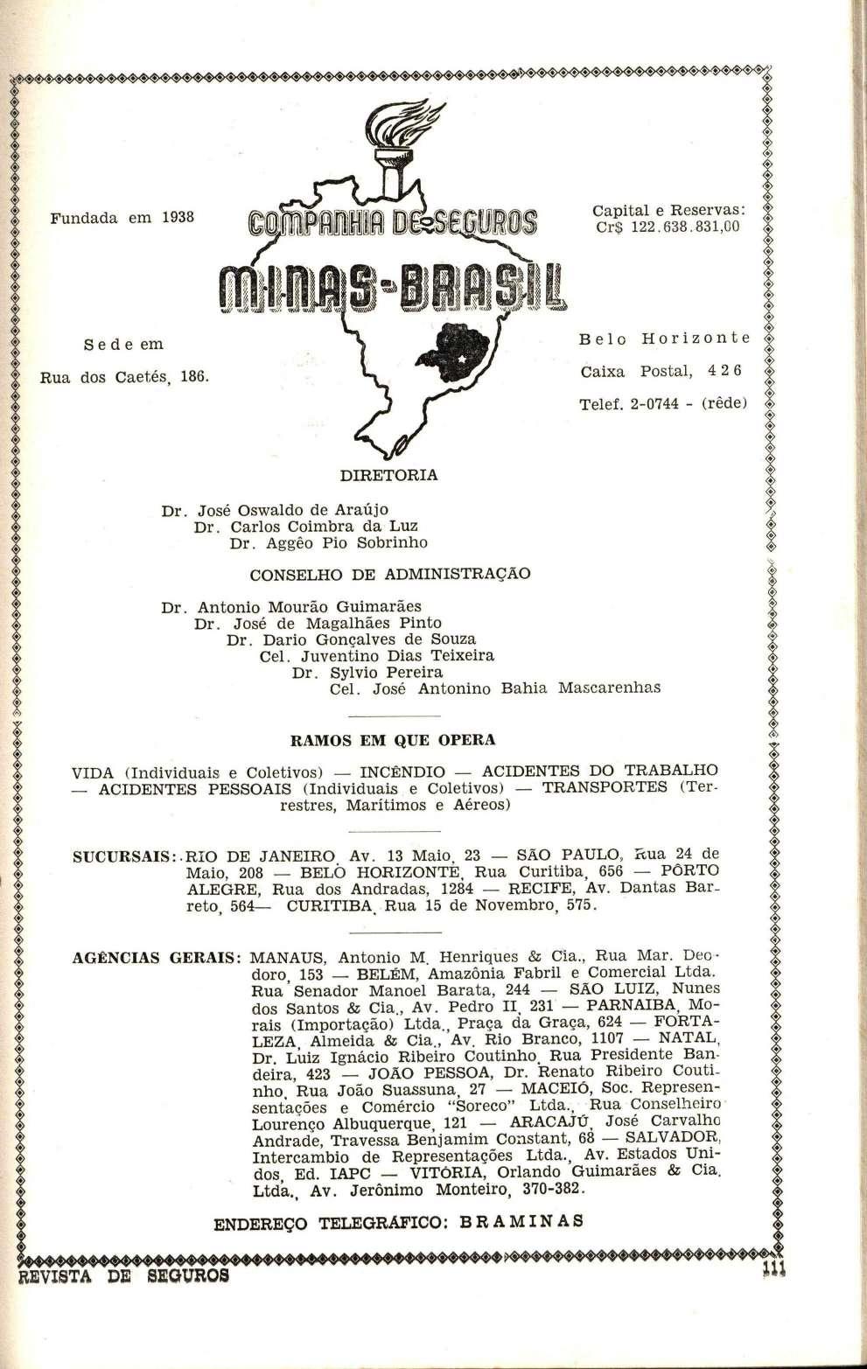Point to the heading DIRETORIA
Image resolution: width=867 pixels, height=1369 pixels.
[388, 476]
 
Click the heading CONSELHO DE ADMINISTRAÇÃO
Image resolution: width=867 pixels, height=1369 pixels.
[390, 575]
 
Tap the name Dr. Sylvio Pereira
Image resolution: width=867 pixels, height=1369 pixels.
[367, 672]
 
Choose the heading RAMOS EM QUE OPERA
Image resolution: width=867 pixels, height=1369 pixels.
[392, 740]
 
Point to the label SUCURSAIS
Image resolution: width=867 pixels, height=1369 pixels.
[125, 858]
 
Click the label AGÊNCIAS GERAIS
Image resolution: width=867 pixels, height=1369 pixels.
[156, 957]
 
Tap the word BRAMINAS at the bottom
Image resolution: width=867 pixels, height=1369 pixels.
[511, 1223]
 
